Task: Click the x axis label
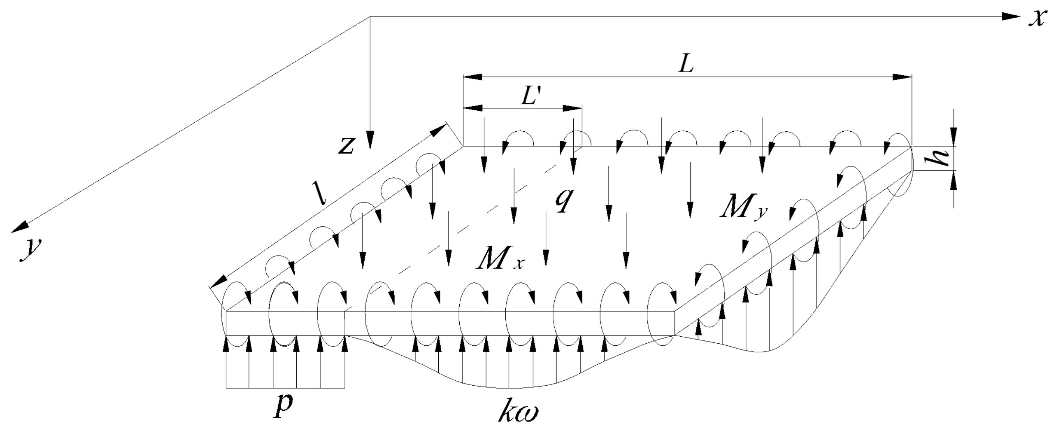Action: click(x=1036, y=19)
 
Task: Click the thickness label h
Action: click(x=941, y=158)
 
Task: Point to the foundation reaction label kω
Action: click(x=517, y=413)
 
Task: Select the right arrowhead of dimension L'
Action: click(x=573, y=108)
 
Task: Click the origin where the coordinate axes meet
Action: click(x=370, y=17)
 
